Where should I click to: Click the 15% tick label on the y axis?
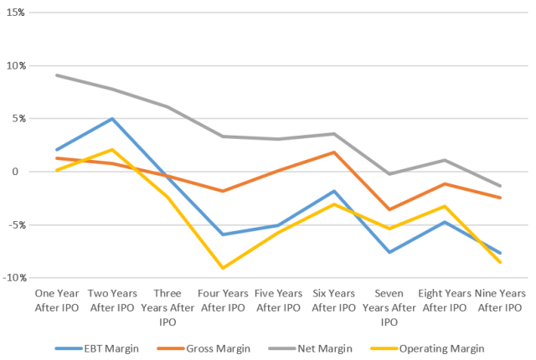(x=16, y=12)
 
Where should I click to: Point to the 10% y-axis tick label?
(x=16, y=65)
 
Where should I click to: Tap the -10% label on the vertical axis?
(x=14, y=278)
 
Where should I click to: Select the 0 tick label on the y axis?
(x=22, y=172)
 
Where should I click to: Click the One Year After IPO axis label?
(x=56, y=301)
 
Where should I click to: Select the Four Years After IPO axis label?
(x=222, y=301)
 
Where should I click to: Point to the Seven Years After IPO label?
(x=388, y=307)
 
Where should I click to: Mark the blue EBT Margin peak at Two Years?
(x=111, y=119)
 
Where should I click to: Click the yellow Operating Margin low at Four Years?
(x=222, y=268)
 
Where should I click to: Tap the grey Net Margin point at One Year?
(x=56, y=75)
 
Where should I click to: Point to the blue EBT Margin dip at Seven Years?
(x=388, y=252)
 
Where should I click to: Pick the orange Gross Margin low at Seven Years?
(x=388, y=209)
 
